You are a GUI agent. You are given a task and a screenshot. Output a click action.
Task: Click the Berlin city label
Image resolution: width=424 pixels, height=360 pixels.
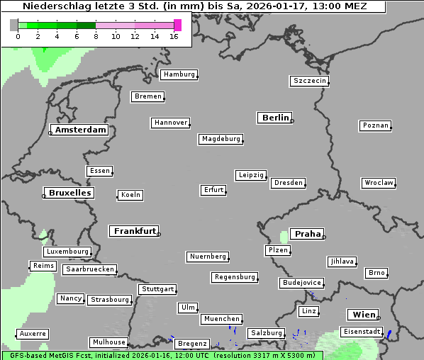pyautogui.click(x=275, y=118)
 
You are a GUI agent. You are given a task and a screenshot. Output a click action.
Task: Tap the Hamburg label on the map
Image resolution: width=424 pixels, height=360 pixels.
pyautogui.click(x=179, y=74)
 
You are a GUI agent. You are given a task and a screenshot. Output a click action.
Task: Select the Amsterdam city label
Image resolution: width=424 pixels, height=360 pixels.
pyautogui.click(x=80, y=130)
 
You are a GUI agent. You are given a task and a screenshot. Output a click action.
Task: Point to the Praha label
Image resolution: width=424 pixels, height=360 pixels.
pyautogui.click(x=308, y=234)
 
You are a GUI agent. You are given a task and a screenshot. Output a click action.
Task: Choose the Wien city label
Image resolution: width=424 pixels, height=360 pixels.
pyautogui.click(x=363, y=315)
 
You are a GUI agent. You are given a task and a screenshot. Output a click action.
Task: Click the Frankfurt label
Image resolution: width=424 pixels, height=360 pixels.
pyautogui.click(x=135, y=231)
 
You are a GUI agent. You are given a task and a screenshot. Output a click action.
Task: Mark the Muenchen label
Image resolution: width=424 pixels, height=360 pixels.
pyautogui.click(x=222, y=319)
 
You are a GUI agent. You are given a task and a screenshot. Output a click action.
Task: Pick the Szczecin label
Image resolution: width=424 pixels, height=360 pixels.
pyautogui.click(x=310, y=81)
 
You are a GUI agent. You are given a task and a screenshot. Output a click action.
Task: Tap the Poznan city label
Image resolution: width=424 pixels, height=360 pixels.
pyautogui.click(x=375, y=125)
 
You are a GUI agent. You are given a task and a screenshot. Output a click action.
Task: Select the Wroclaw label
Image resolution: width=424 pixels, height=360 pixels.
pyautogui.click(x=379, y=183)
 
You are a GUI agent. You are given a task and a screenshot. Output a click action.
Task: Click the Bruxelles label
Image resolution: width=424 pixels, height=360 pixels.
pyautogui.click(x=69, y=193)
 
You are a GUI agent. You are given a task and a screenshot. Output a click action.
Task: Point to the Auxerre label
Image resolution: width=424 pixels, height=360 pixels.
pyautogui.click(x=33, y=333)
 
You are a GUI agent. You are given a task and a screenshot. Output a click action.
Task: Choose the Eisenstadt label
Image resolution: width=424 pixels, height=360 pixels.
pyautogui.click(x=362, y=332)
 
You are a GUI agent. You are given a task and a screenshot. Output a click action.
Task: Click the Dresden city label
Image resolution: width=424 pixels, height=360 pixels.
pyautogui.click(x=289, y=183)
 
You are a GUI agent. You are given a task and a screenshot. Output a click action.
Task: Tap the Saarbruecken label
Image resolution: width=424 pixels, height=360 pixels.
pyautogui.click(x=89, y=269)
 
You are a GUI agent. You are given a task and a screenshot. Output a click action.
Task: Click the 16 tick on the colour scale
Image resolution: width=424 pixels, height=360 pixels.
pyautogui.click(x=174, y=36)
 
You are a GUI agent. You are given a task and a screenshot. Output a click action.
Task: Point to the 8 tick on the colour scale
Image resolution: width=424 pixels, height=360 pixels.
pyautogui.click(x=96, y=36)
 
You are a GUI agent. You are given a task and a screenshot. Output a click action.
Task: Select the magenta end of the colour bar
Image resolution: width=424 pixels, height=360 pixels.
pyautogui.click(x=177, y=25)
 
